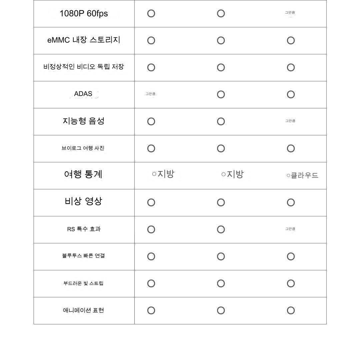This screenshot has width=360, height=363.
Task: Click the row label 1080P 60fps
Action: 84,14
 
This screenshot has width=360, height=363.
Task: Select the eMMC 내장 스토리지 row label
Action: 84,40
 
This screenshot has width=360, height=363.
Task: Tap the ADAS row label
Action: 83,94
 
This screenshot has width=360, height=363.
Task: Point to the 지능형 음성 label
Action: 84,121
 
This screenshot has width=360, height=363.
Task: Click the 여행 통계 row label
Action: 83,174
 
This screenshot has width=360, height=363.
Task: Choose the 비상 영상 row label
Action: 83,201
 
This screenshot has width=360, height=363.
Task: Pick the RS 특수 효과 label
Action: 84,229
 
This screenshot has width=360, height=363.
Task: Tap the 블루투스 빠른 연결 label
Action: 83,256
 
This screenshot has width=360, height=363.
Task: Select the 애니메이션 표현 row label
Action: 83,310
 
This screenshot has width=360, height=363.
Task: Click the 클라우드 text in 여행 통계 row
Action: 304,175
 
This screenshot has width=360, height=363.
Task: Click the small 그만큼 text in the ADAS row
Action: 150,94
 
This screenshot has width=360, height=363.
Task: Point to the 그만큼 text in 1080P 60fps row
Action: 290,13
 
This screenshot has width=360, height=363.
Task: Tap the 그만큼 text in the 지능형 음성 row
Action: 290,121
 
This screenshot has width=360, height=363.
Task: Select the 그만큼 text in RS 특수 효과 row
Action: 290,229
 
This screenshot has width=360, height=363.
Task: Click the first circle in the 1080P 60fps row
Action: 151,14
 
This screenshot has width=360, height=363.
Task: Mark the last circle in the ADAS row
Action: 291,95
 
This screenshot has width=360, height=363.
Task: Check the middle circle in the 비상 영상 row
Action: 221,202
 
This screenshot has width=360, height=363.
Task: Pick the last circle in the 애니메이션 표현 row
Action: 291,311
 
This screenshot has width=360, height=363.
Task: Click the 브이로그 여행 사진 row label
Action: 83,148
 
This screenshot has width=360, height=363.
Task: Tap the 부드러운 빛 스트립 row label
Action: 83,283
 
